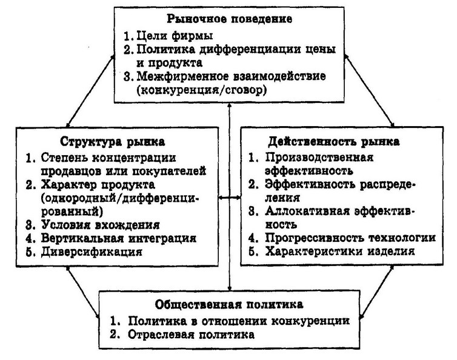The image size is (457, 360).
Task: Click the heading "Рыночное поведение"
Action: pos(229,19)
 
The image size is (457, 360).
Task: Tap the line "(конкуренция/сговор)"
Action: pos(201,90)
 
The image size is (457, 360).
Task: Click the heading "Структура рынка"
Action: pos(113,142)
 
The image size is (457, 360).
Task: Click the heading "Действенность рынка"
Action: pos(334,141)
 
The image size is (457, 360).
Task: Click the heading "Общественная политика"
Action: pos(229,304)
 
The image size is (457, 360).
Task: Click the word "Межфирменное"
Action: pos(182,76)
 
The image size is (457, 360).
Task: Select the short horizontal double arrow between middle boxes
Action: pos(230,198)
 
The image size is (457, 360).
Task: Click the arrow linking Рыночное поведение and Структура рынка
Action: pos(90,91)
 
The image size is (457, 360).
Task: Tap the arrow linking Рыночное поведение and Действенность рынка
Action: pos(369,91)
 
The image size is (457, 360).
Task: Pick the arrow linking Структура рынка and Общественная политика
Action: pos(84,292)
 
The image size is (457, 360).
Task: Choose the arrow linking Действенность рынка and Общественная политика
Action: pos(377,292)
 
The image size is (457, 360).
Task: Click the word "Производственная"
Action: pos(319,158)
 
